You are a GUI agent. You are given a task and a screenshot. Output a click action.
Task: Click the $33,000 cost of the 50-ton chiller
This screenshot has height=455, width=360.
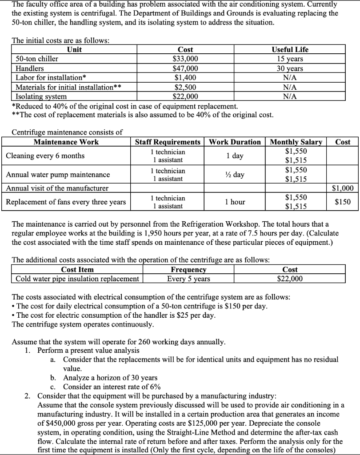click(x=185, y=59)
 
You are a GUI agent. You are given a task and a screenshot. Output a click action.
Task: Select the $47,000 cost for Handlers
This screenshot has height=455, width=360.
click(x=185, y=68)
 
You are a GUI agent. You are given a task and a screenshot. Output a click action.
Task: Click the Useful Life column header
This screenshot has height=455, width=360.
click(x=290, y=49)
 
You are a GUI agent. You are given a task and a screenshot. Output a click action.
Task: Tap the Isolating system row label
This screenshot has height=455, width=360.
click(x=41, y=96)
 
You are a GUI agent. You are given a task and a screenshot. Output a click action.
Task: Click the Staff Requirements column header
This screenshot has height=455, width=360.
click(x=168, y=142)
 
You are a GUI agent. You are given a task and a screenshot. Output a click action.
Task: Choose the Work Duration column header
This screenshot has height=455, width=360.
click(x=235, y=142)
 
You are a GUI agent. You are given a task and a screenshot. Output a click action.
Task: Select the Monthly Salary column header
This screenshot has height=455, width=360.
click(x=296, y=142)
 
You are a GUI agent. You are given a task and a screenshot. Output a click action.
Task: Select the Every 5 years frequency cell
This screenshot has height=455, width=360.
click(x=188, y=279)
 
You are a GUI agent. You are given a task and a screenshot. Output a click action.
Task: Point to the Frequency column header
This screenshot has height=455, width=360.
click(x=188, y=270)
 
